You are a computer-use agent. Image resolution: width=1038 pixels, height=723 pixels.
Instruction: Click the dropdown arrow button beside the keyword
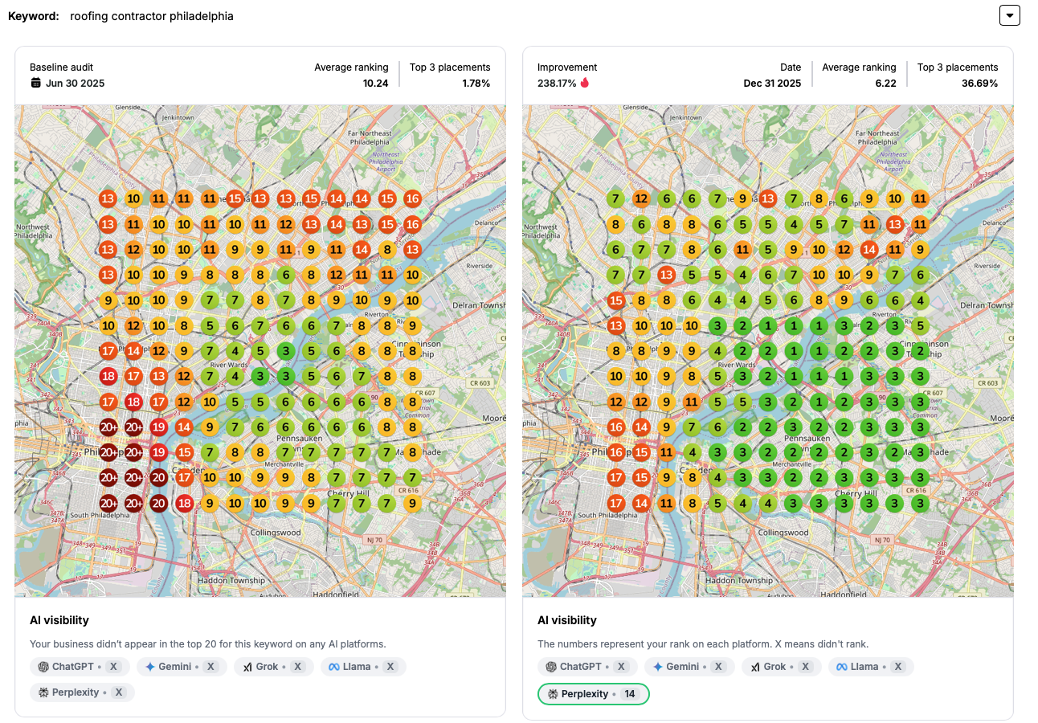pyautogui.click(x=1009, y=15)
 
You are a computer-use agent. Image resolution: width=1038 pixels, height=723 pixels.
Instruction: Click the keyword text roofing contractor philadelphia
pyautogui.click(x=152, y=16)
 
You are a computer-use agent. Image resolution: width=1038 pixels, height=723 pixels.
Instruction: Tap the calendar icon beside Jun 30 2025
pyautogui.click(x=35, y=83)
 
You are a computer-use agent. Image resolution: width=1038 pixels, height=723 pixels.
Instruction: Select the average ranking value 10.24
pyautogui.click(x=375, y=83)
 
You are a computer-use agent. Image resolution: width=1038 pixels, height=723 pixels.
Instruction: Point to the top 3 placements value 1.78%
pyautogui.click(x=476, y=83)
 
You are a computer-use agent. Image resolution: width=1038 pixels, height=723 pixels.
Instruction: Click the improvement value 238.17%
pyautogui.click(x=557, y=83)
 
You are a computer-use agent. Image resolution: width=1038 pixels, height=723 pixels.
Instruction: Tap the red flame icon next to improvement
pyautogui.click(x=585, y=83)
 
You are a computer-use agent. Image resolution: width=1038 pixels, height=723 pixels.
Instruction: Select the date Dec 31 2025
pyautogui.click(x=772, y=83)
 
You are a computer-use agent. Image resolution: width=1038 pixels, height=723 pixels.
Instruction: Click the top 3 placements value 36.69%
pyautogui.click(x=979, y=83)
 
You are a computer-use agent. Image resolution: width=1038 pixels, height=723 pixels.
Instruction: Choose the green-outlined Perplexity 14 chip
pyautogui.click(x=594, y=693)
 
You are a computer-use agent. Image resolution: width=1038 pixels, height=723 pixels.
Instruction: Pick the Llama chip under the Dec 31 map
pyautogui.click(x=871, y=667)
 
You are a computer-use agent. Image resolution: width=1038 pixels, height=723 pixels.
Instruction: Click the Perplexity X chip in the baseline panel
pyautogui.click(x=82, y=692)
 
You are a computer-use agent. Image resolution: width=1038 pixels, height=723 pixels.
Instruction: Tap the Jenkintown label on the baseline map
pyautogui.click(x=178, y=117)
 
